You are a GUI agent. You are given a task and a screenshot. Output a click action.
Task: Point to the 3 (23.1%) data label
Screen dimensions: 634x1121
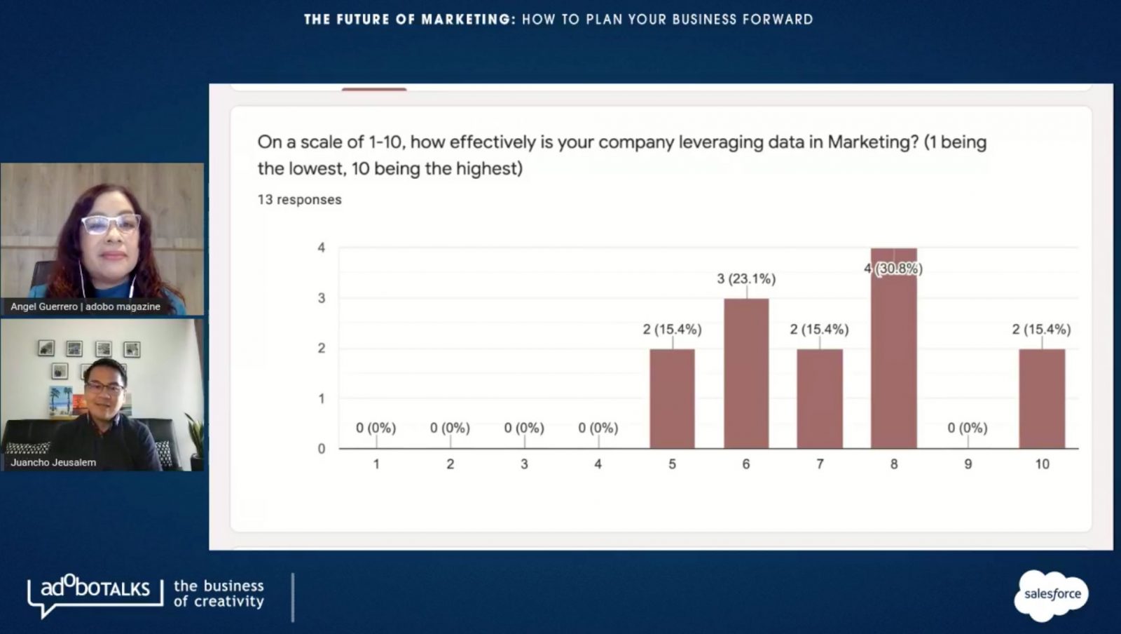746,279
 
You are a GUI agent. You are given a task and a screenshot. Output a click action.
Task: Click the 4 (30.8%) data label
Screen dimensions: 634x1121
893,269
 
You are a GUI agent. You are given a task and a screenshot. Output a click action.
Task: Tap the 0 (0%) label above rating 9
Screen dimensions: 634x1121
967,428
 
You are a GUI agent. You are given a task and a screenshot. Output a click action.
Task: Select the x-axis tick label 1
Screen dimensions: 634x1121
376,464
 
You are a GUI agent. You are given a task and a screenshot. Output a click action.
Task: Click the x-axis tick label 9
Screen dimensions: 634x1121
968,464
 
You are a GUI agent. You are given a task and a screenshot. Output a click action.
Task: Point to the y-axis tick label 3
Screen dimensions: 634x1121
322,298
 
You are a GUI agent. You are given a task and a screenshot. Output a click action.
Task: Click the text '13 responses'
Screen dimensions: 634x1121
299,200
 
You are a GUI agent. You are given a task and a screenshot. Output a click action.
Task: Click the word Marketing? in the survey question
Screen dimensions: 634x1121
872,142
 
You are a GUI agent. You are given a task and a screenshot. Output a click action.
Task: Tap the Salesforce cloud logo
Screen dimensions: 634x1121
1052,595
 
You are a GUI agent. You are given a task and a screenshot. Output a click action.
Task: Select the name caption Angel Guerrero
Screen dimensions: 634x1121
44,306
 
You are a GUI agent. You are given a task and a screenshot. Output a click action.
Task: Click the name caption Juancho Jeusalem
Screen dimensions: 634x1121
53,462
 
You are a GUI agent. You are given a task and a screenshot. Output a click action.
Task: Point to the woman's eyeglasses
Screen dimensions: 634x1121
111,224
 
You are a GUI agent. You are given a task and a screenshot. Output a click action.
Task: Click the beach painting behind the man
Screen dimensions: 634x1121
61,401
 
